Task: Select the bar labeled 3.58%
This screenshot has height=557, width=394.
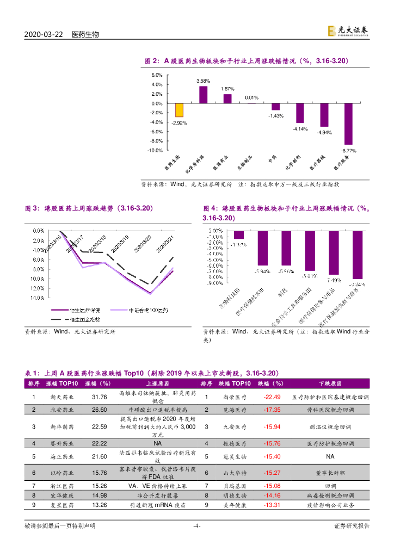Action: click(203, 95)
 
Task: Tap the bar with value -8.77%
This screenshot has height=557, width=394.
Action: click(348, 123)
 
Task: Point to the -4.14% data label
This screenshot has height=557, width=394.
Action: click(300, 128)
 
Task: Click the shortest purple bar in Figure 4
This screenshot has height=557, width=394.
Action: click(238, 235)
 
